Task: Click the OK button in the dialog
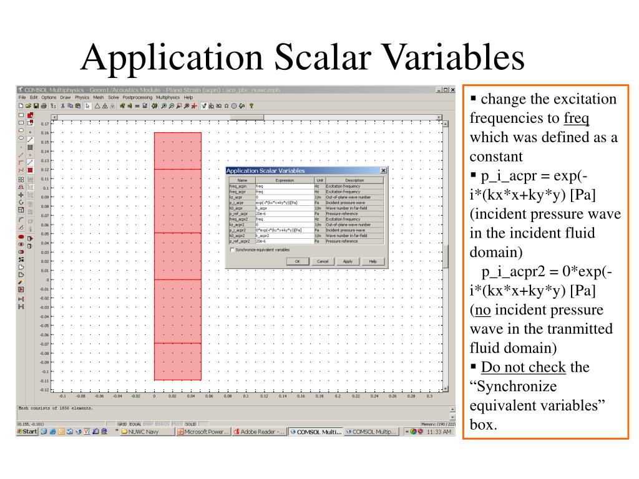click(298, 261)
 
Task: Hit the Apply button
click(348, 261)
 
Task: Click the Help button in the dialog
click(373, 261)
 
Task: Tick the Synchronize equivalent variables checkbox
click(233, 249)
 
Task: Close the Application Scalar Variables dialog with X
click(383, 170)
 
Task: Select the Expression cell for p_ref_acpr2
click(284, 241)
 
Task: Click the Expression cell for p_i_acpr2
click(284, 230)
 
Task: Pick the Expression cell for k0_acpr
click(284, 208)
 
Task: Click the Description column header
click(354, 180)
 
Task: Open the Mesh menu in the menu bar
click(99, 97)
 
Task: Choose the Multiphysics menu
click(168, 97)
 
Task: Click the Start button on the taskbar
click(27, 431)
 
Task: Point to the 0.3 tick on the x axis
click(429, 396)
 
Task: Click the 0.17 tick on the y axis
click(45, 124)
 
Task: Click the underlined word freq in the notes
click(577, 119)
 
